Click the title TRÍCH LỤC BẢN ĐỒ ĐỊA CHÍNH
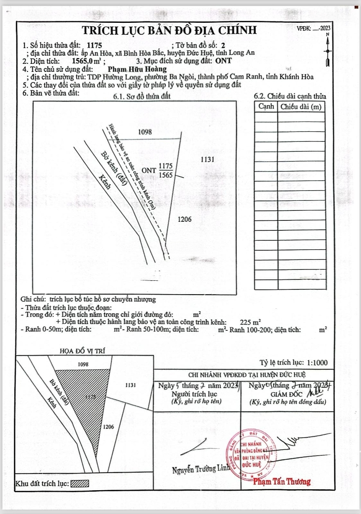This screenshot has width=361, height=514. point(170,30)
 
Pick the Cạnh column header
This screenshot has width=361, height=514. point(266,107)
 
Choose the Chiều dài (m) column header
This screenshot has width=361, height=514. point(301,107)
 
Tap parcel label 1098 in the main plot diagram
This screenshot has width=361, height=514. point(145,132)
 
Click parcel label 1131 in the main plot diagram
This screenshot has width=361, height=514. point(209,159)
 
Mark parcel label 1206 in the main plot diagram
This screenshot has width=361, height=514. point(184,219)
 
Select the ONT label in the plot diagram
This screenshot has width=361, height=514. point(149,169)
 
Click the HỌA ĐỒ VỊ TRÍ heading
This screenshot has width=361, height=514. point(82,351)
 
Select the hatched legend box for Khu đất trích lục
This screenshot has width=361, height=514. point(80,484)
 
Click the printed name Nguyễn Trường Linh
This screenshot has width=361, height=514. point(201,469)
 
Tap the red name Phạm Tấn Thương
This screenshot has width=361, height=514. point(282,481)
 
